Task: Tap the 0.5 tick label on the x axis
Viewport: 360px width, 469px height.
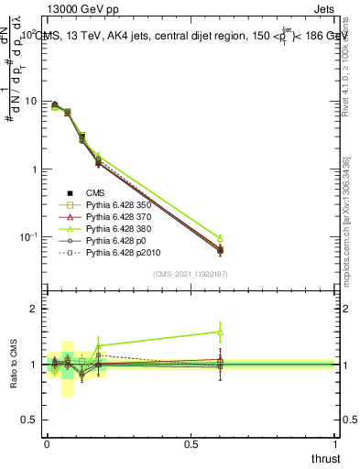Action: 191,444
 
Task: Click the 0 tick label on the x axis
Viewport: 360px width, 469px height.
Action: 47,444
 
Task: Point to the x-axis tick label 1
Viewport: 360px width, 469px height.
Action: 336,444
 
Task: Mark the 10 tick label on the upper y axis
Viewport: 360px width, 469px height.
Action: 33,102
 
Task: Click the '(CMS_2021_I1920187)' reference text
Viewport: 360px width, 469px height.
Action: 191,273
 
